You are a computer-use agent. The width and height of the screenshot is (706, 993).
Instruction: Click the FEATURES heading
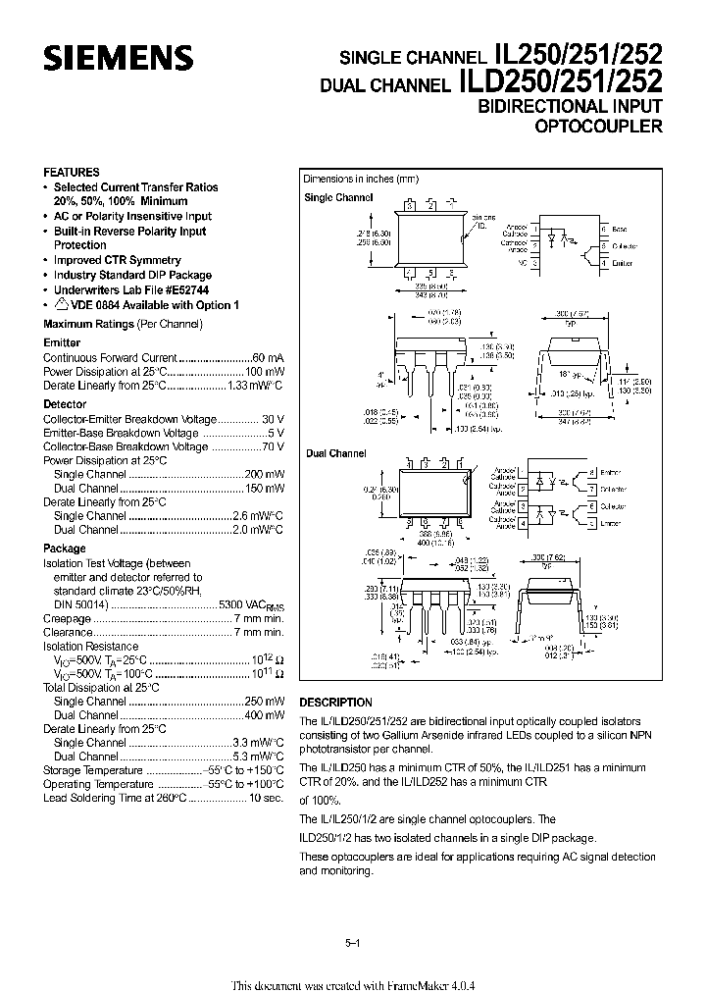72,172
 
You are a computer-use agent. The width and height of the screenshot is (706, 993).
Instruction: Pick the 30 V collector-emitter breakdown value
274,418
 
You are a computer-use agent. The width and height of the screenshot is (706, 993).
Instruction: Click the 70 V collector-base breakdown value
274,446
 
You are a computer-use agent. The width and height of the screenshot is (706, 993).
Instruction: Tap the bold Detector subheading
65,403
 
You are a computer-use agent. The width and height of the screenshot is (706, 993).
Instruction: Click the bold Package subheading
65,549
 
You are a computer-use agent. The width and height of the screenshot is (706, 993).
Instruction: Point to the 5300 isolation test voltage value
231,606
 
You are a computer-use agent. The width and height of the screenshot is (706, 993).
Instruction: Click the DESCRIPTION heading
335,703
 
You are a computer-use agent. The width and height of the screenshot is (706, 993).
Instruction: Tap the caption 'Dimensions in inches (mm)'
361,179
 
